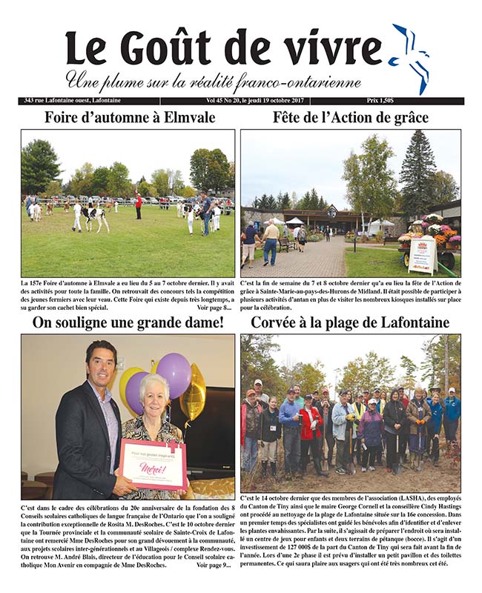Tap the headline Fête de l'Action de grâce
click(351, 117)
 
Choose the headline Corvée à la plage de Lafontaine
click(351, 322)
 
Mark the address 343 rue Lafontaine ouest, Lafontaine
click(72, 101)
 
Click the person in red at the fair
click(138, 205)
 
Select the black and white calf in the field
click(96, 217)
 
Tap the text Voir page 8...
click(216, 308)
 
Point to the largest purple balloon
click(174, 374)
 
